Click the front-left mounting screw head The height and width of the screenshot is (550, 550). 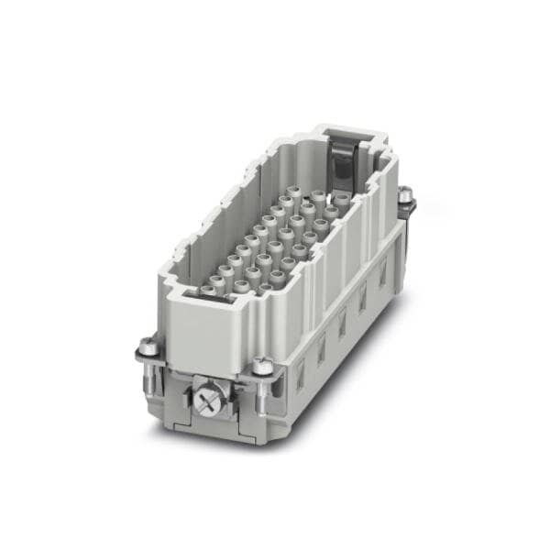tap(148, 347)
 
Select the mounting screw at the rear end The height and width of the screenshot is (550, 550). tap(404, 193)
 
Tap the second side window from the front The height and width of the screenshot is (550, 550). tap(322, 346)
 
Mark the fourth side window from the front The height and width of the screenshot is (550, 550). tap(363, 295)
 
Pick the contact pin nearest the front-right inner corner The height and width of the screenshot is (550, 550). tap(266, 288)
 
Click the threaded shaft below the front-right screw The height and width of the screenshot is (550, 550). tap(263, 394)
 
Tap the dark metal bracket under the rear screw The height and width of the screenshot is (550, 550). tap(407, 209)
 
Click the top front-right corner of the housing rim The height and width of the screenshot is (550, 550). tap(275, 302)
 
